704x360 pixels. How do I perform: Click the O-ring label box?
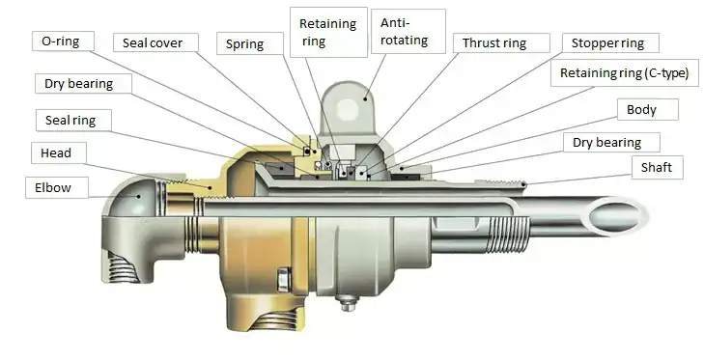coord(64,41)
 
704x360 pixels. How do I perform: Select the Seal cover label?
coord(155,42)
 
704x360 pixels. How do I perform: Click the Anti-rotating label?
coord(408,32)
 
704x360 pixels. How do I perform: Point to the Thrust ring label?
coord(500,43)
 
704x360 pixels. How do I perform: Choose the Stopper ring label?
coord(610,43)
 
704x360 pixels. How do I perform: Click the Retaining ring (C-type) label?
coord(625,73)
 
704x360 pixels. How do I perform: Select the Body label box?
coord(647,109)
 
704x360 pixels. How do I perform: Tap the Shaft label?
coord(658,167)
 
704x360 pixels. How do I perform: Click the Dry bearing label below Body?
coord(611,142)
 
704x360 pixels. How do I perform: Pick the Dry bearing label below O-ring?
coord(83,84)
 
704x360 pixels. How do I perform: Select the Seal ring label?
coord(72,121)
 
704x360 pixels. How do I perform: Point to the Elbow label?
coord(57,187)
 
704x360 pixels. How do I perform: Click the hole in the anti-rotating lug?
coord(347,109)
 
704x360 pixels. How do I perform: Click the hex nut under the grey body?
coord(346,303)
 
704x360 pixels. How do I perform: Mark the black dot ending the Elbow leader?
coord(139,196)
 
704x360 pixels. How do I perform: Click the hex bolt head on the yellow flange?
coord(283,279)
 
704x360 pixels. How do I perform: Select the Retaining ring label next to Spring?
coord(328,32)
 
